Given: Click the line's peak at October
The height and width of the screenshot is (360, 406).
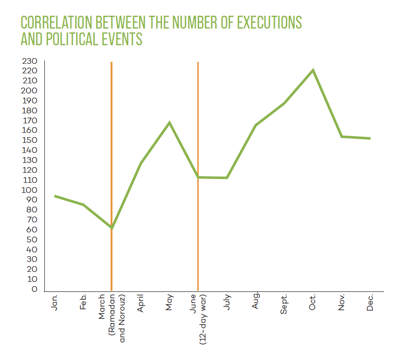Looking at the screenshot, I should pos(313,70).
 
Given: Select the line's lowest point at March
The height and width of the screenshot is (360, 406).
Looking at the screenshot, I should pos(112,228).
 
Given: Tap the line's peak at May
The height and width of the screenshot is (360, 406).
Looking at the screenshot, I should pos(169,123).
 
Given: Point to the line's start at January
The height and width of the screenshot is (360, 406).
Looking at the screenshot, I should pos(55,196).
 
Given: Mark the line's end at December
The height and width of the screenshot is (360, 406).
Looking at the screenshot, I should pos(370,139).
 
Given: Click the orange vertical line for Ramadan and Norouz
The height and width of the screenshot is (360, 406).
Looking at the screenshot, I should pos(112,143).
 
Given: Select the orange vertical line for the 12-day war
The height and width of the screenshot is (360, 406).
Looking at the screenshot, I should pos(198,119).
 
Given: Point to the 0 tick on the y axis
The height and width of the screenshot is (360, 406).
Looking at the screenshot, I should pos(34,289).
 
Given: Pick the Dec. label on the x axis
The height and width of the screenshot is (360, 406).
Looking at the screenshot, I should pos(370,303).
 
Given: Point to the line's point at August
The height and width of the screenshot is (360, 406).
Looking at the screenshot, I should pos(255,125).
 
